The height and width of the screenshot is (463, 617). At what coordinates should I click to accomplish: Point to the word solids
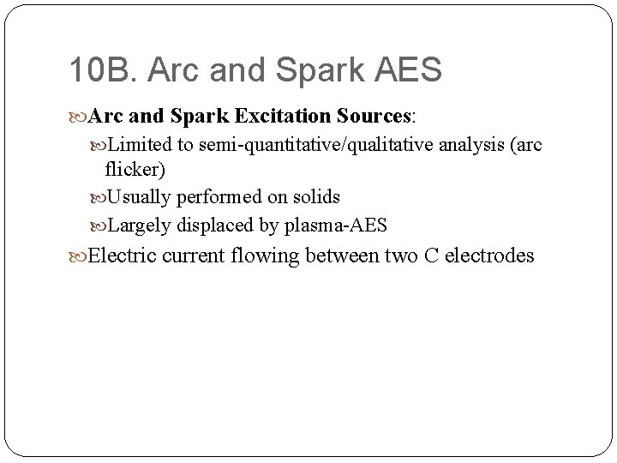[314, 197]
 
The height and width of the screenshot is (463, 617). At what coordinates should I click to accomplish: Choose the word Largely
[139, 225]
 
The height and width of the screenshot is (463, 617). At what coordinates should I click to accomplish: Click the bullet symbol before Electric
[80, 256]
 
